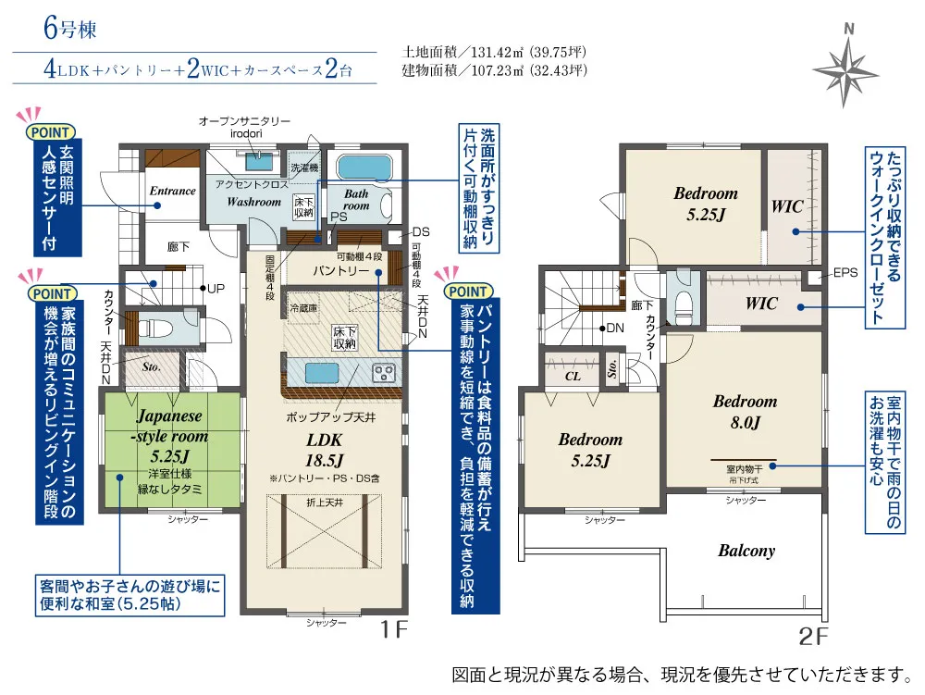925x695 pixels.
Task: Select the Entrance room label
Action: tap(173, 191)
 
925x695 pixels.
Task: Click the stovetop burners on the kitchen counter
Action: tap(383, 373)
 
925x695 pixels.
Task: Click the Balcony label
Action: tap(746, 551)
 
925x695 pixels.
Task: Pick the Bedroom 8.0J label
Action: tap(745, 413)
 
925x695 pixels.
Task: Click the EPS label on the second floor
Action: tap(845, 273)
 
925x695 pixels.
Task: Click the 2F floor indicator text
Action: tap(813, 637)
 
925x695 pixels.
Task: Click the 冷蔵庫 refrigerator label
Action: tap(303, 307)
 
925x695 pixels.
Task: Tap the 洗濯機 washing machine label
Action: tap(303, 168)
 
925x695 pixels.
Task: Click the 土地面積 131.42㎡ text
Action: tap(495, 52)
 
